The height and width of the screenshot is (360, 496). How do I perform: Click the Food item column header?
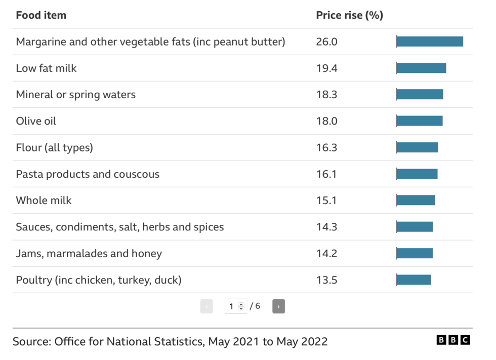[x=41, y=15]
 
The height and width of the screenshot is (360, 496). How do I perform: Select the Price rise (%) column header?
[x=349, y=15]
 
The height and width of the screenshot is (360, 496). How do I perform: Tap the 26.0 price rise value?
[x=326, y=42]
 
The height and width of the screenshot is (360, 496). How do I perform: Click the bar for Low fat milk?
[x=421, y=68]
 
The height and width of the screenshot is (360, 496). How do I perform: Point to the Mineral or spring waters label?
[x=76, y=94]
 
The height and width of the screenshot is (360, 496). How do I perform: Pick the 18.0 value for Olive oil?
[x=326, y=121]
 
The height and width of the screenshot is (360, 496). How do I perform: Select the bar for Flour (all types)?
[x=417, y=147]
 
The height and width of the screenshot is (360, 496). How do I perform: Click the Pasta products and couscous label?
[x=88, y=174]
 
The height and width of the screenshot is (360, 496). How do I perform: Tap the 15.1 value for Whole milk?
[x=326, y=201]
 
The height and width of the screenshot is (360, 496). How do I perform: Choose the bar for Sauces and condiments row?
[x=415, y=227]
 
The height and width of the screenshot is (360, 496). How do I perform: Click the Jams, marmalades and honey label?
[x=89, y=253]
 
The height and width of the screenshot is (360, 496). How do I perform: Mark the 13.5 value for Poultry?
[x=326, y=279]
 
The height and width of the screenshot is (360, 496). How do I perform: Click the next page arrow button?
[x=278, y=306]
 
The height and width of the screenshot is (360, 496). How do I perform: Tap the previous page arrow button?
[x=206, y=306]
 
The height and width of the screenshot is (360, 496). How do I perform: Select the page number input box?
[x=235, y=306]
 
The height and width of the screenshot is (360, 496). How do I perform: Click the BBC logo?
[x=453, y=340]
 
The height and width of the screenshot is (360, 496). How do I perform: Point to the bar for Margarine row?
[x=430, y=42]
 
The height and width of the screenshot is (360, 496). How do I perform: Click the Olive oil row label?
[x=36, y=121]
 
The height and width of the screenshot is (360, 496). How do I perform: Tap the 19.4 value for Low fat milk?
[x=326, y=68]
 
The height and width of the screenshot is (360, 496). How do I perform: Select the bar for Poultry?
[x=414, y=279]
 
